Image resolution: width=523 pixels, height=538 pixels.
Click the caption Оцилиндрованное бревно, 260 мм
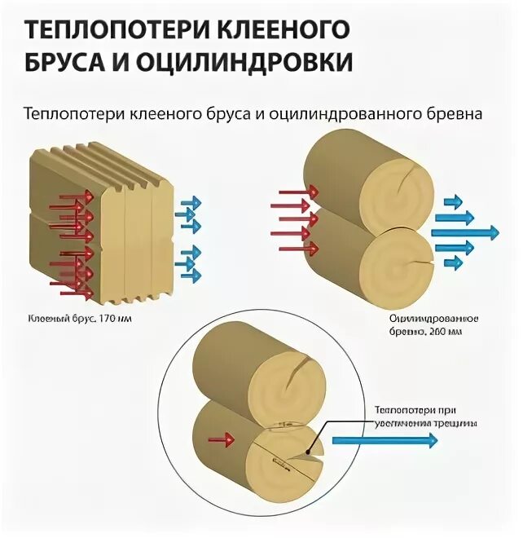(x=424, y=322)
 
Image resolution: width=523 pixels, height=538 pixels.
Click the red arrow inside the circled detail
(x=222, y=440)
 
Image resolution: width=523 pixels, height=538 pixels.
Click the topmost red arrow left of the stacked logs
(x=294, y=191)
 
